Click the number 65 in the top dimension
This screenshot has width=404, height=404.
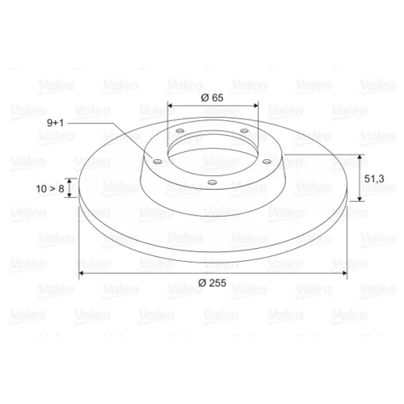217,98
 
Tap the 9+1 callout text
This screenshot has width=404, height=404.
55,123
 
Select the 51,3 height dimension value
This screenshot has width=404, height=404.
374,179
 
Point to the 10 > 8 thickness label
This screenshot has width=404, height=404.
50,189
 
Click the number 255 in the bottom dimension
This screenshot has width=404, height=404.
217,283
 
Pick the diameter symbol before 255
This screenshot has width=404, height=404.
203,283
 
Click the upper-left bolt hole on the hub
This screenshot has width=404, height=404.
180,131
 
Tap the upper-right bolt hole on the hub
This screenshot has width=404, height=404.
244,131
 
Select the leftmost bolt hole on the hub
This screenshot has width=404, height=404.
157,162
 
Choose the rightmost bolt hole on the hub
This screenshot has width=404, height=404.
267,162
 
